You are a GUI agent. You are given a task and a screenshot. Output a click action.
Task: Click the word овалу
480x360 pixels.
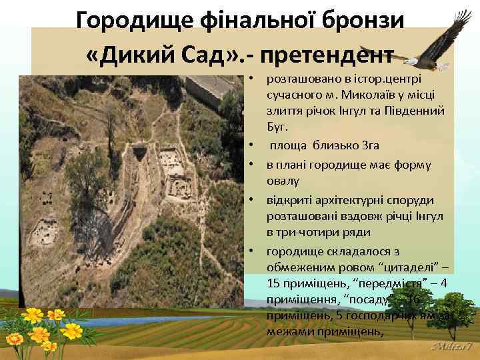pos(283,180)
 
